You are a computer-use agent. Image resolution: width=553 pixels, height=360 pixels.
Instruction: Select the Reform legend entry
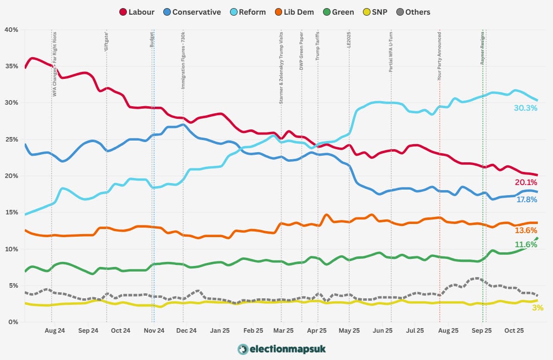(x=247, y=12)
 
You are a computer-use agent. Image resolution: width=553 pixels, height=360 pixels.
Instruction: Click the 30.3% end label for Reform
(x=526, y=108)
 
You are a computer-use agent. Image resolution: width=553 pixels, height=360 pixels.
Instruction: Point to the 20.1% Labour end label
(x=526, y=182)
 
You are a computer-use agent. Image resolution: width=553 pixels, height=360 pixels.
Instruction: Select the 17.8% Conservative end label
(x=526, y=199)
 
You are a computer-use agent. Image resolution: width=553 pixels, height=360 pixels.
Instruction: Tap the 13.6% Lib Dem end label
(x=526, y=230)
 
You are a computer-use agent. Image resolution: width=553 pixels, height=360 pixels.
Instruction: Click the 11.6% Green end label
(x=526, y=245)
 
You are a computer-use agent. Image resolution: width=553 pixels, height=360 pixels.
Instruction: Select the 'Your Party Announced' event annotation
(x=439, y=57)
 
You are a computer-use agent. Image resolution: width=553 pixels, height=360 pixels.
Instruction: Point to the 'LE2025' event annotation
(x=349, y=40)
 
